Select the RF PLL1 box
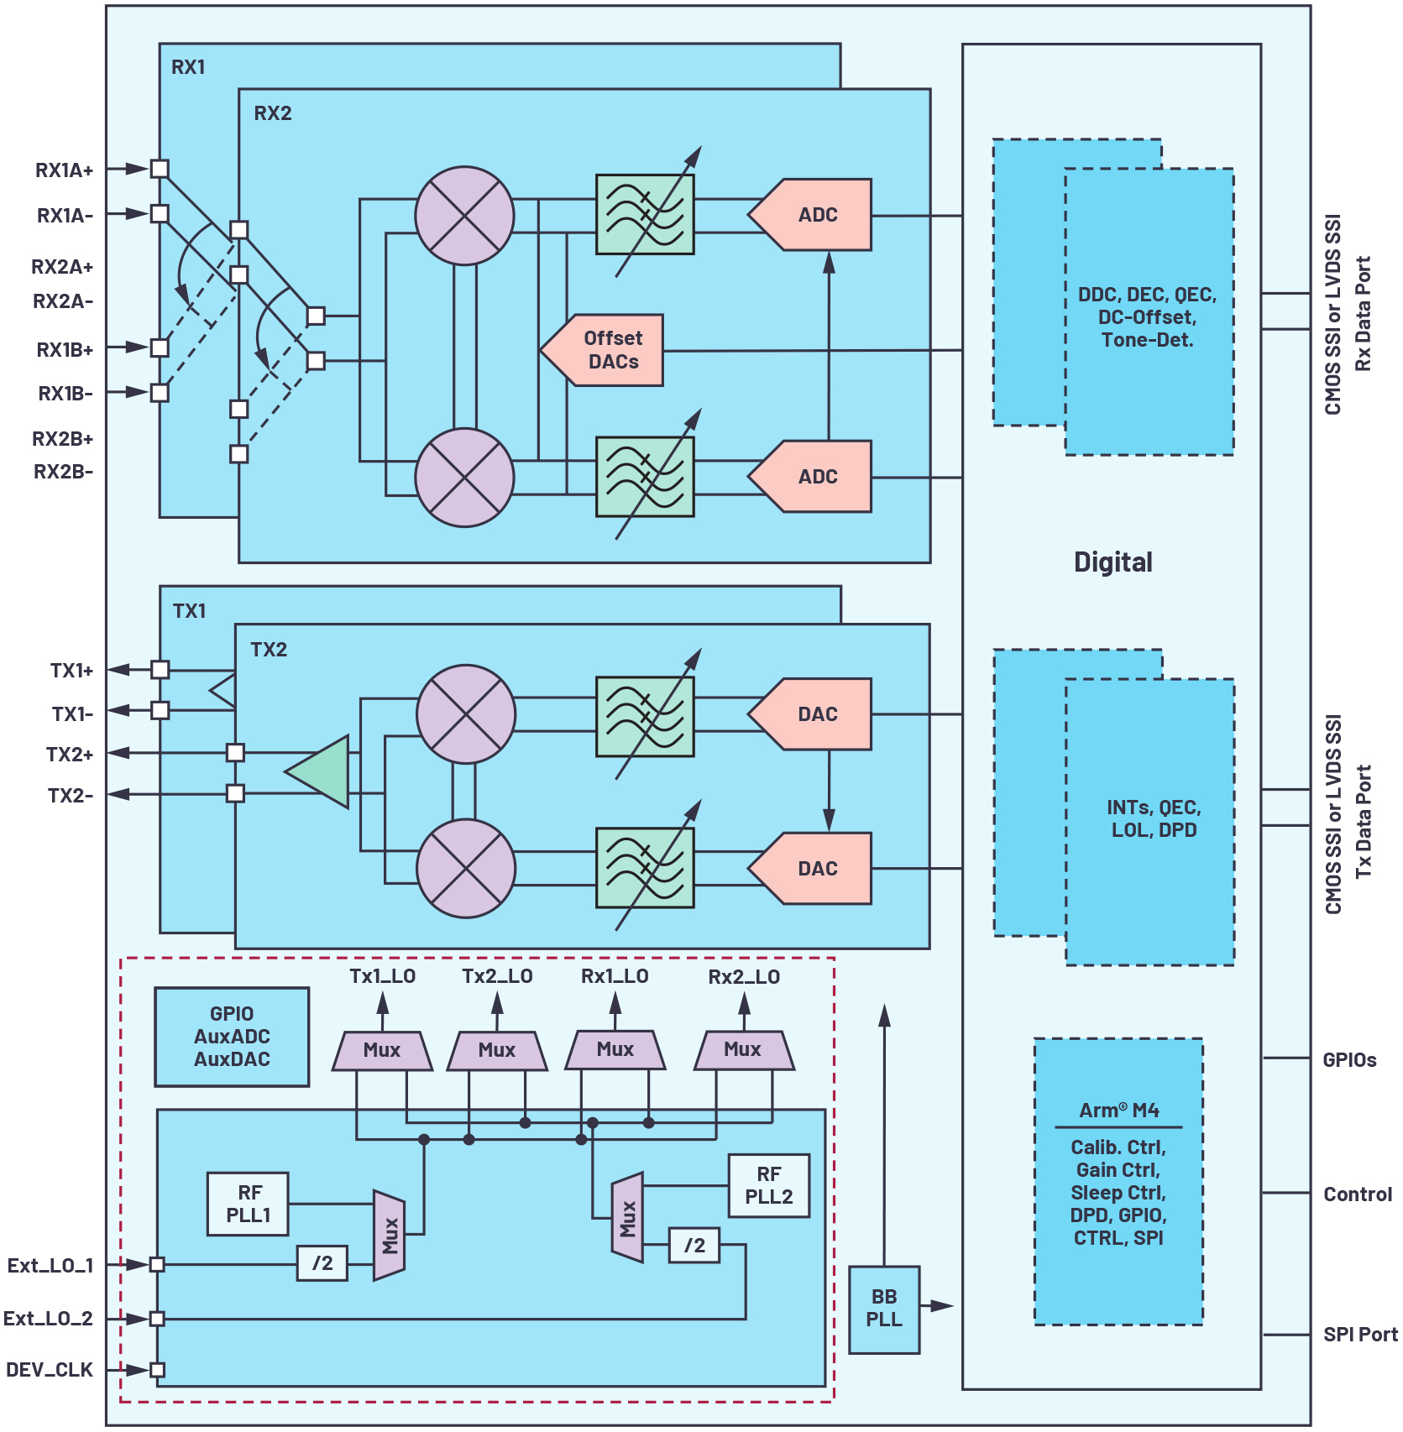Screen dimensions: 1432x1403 coord(249,1204)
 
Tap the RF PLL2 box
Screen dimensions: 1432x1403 coord(768,1185)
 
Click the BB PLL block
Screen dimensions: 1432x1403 coord(884,1309)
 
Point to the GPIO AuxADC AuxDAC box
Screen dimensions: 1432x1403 coord(232,1037)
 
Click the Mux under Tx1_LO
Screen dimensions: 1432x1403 coord(382,1050)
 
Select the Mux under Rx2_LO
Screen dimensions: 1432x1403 coord(743,1049)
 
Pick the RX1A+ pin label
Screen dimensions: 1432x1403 coord(64,170)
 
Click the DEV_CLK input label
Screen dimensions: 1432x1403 coord(50,1370)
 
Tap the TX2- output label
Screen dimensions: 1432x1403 coord(71,795)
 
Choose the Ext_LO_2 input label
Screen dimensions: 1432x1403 coord(48,1319)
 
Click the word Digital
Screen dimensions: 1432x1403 coord(1112,562)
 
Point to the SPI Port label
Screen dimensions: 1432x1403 coord(1360,1335)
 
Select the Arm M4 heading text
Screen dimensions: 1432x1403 coord(1118,1111)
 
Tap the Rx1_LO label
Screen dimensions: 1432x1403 coord(615,976)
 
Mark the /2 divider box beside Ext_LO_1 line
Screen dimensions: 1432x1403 coord(322,1263)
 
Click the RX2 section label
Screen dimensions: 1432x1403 coord(273,113)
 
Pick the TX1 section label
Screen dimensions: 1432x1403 coord(189,610)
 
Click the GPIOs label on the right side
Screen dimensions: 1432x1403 coord(1349,1060)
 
